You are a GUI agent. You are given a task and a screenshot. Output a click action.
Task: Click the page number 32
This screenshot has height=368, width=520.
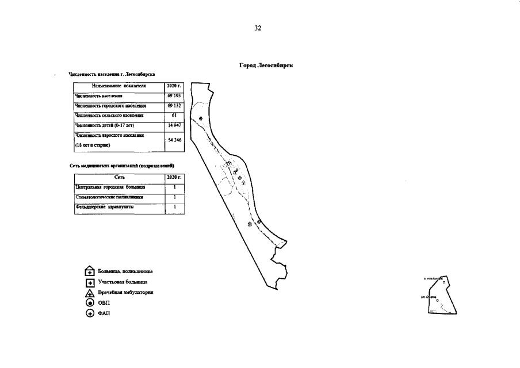[x=258, y=28]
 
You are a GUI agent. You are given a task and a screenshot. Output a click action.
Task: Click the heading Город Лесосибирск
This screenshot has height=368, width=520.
[x=266, y=66]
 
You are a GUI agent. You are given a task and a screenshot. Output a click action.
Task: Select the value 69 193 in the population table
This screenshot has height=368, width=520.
[x=174, y=96]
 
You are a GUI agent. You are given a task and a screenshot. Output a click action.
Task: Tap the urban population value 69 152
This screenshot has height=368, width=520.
[x=174, y=106]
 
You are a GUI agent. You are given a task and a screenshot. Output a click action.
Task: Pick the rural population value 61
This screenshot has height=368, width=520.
[x=174, y=115]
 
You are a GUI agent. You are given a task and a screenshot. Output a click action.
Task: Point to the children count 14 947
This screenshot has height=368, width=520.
[x=174, y=125]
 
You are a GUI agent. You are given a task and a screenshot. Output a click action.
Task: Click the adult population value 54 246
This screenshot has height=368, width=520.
[x=174, y=140]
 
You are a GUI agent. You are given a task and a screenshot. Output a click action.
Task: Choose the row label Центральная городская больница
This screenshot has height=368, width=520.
[x=110, y=187]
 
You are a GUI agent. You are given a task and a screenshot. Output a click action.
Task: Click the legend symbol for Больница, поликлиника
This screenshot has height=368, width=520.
[x=90, y=272]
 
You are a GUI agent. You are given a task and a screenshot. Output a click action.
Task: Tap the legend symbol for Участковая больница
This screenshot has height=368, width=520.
[x=90, y=282]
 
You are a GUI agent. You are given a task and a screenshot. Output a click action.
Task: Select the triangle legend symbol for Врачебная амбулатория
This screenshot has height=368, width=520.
[x=90, y=293]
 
